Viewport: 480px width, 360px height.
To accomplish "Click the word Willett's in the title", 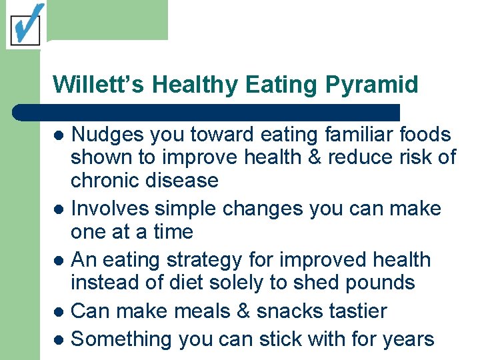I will pyautogui.click(x=99, y=85).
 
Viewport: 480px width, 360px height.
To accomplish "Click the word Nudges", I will pyautogui.click(x=107, y=135).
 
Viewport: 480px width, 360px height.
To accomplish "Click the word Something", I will pyautogui.click(x=122, y=339).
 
